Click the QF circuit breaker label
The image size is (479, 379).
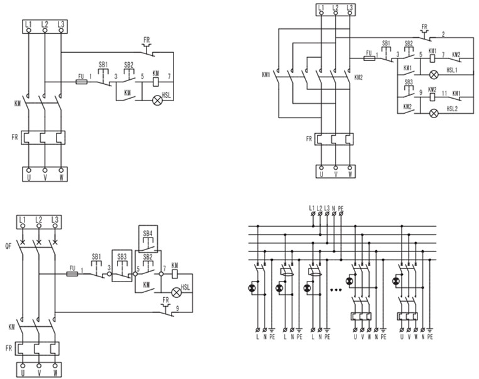coord(8,245)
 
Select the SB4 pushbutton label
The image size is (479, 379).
coord(148,233)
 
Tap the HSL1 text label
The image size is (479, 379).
coord(452,70)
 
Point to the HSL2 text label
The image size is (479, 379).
coord(452,108)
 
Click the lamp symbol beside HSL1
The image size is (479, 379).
coord(434,75)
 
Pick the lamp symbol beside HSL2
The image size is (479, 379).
coord(434,113)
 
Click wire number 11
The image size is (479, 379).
coord(444,93)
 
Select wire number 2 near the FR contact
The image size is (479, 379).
coord(444,35)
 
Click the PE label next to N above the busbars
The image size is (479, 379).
coord(341,209)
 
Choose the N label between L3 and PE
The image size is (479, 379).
coord(334,209)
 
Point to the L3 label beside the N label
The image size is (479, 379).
coord(327,208)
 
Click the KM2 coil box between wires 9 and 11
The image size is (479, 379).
coord(432,97)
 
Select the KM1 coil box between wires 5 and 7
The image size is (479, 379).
coord(432,58)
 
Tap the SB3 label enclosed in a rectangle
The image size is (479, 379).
coord(122,256)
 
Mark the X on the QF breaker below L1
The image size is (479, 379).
coord(23,242)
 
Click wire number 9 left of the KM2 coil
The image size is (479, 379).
coord(421,92)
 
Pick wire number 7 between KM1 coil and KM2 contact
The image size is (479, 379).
coord(443,55)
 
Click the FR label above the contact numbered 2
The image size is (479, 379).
coord(424,27)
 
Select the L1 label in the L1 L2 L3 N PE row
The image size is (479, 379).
coord(312,208)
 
